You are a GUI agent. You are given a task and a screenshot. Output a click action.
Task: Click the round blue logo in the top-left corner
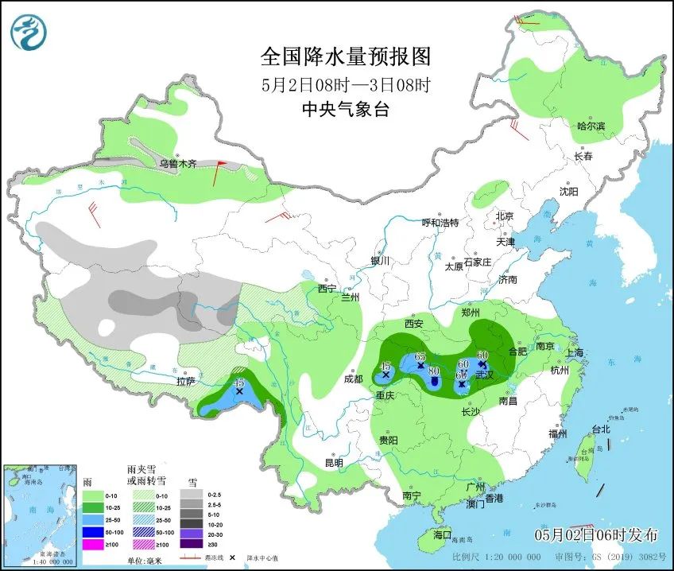tap(29, 32)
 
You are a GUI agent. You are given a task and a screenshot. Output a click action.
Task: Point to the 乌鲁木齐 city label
tap(176, 163)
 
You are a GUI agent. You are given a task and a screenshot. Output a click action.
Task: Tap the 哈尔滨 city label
tap(591, 126)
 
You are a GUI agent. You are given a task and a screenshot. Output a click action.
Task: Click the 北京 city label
tap(505, 216)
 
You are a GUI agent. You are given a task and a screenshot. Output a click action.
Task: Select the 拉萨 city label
tap(185, 382)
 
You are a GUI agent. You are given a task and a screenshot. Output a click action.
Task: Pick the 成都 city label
tap(353, 379)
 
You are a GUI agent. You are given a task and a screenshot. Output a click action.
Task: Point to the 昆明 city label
tap(333, 462)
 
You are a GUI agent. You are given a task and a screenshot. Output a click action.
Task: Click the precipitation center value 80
tap(434, 371)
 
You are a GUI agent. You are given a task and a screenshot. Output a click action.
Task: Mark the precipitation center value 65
tap(420, 355)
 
